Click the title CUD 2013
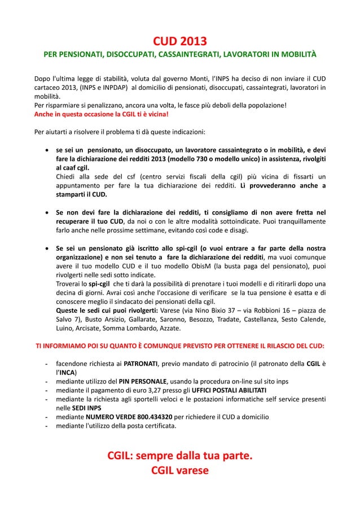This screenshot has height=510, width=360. [x=180, y=41]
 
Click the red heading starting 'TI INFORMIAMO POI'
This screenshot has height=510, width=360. [x=180, y=346]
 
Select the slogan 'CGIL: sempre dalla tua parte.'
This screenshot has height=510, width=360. [x=180, y=456]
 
